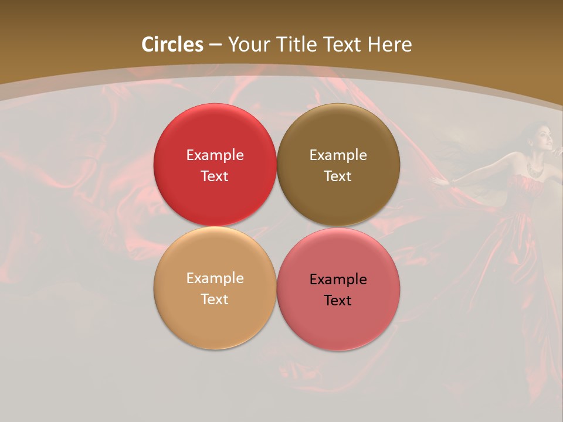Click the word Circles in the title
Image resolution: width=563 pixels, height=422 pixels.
[x=172, y=45]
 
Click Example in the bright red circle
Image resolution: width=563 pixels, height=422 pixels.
[x=215, y=155]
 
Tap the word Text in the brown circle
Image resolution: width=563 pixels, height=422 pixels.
[x=338, y=176]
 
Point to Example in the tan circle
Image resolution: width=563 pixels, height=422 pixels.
[x=215, y=278]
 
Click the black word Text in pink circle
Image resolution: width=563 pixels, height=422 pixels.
[x=338, y=300]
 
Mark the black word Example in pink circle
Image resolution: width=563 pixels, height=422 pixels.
[x=338, y=279]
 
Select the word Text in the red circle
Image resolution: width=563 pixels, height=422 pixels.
[x=215, y=176]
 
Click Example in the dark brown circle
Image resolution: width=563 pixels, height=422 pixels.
[x=338, y=155]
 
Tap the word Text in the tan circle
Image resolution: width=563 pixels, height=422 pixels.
[x=215, y=299]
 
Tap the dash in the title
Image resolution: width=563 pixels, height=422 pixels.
[x=215, y=45]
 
